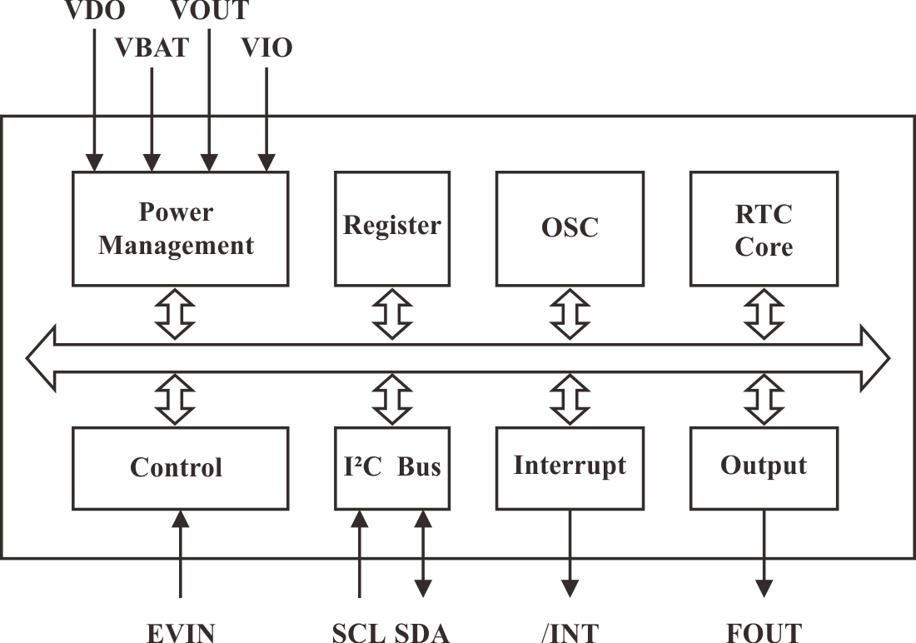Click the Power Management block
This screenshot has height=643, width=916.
pyautogui.click(x=180, y=229)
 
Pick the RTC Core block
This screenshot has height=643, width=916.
pyautogui.click(x=763, y=229)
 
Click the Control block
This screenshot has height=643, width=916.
pyautogui.click(x=180, y=468)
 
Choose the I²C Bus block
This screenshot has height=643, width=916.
pyautogui.click(x=392, y=468)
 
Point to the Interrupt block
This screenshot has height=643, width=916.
pyautogui.click(x=570, y=466)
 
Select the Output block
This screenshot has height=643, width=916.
pyautogui.click(x=763, y=466)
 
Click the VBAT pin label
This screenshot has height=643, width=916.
pyautogui.click(x=152, y=47)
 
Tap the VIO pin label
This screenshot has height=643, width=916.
pyautogui.click(x=266, y=47)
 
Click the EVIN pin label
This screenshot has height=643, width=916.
pyautogui.click(x=181, y=632)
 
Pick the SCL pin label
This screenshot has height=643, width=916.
pyautogui.click(x=359, y=632)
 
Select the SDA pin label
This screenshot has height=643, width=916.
pyautogui.click(x=422, y=632)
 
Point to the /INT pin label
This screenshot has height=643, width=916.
pyautogui.click(x=570, y=632)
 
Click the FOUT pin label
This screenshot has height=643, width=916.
pyautogui.click(x=763, y=632)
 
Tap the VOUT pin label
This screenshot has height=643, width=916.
pyautogui.click(x=209, y=10)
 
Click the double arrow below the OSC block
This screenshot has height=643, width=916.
pyautogui.click(x=570, y=314)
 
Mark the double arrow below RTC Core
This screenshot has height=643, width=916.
pyautogui.click(x=763, y=314)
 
